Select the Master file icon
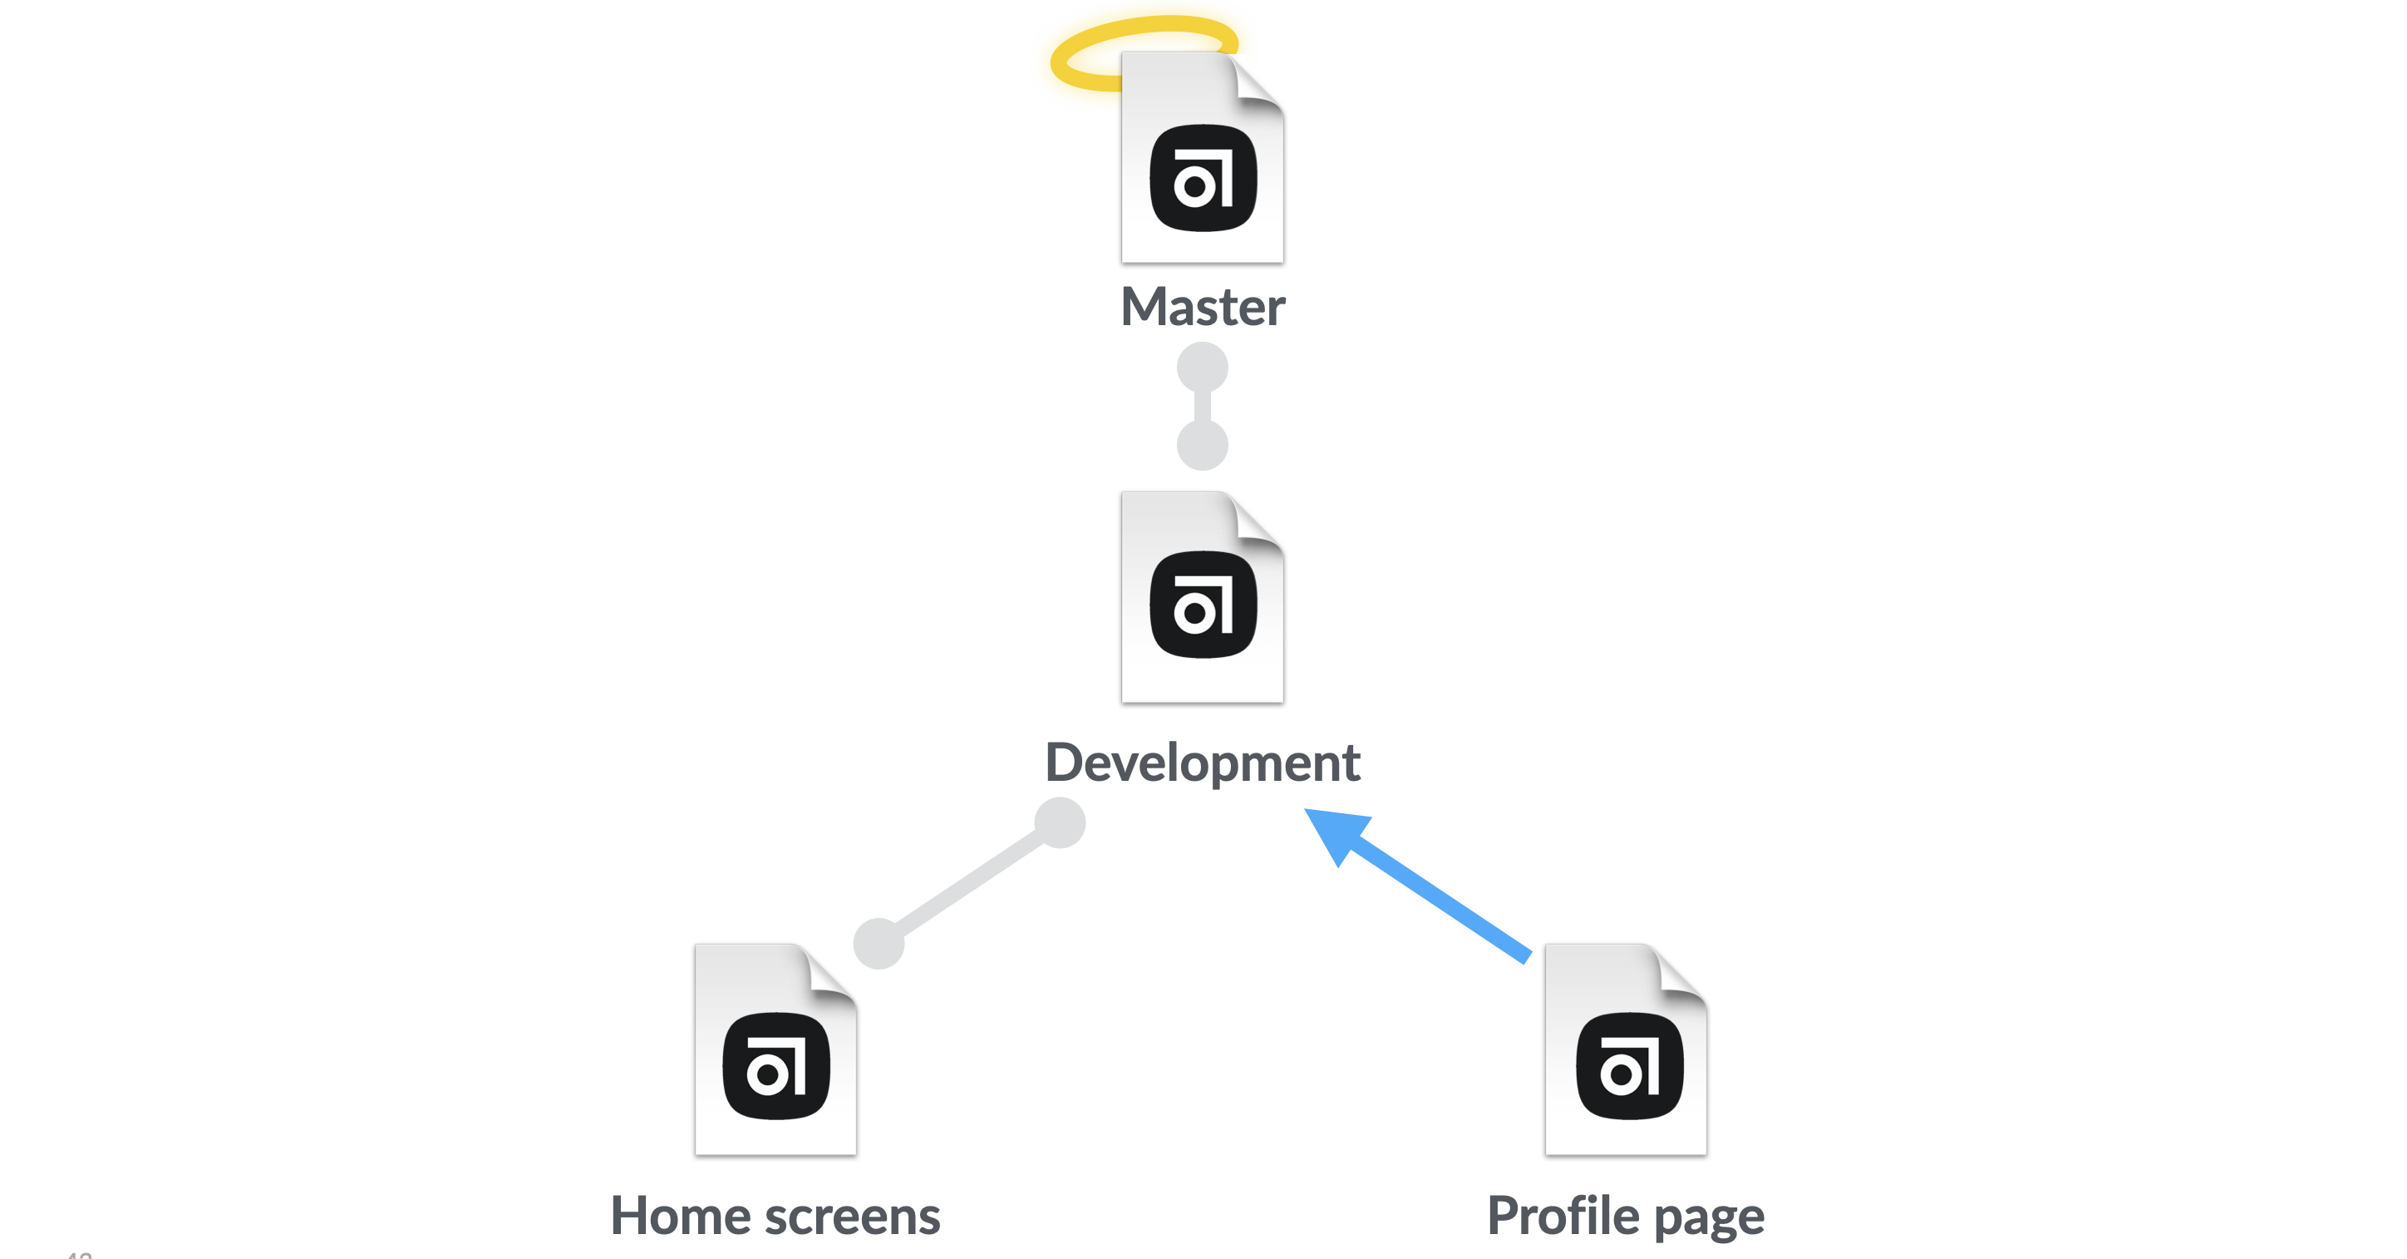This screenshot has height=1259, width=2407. click(x=1203, y=159)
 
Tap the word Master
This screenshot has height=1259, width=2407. click(x=1203, y=307)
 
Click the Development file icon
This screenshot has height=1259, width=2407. click(x=1203, y=598)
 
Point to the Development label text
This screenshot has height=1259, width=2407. click(x=1203, y=762)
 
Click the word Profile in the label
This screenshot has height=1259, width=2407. click(x=1563, y=1216)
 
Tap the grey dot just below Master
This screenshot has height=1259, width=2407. click(x=1203, y=368)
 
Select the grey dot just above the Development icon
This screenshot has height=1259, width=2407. click(x=1203, y=445)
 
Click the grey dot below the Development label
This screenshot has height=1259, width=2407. click(x=1060, y=822)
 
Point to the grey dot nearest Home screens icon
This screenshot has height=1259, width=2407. click(x=879, y=943)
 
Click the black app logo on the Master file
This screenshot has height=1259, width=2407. click(x=1203, y=178)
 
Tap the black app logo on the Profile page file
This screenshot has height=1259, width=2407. click(x=1630, y=1065)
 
